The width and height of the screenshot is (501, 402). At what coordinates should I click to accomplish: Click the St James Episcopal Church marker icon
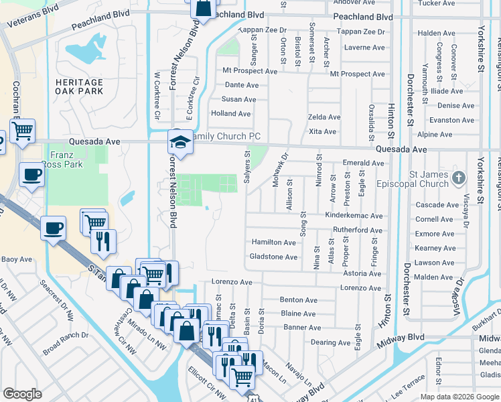tap(458, 178)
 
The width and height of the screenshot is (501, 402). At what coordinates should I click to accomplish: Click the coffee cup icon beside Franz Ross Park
tap(31, 176)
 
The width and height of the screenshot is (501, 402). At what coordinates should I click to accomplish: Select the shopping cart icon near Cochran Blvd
tap(23, 131)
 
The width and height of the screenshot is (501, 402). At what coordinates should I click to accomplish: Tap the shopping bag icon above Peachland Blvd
tap(203, 9)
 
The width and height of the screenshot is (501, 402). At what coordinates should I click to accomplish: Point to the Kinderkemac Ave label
tap(354, 216)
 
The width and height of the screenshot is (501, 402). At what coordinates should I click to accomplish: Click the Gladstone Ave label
tap(273, 257)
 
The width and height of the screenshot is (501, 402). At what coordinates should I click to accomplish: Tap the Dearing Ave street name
tap(330, 342)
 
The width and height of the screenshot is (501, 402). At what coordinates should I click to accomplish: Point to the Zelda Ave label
tap(324, 117)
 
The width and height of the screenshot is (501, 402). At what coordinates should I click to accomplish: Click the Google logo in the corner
tap(22, 394)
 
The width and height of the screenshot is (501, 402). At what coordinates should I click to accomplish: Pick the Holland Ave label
tap(230, 114)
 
